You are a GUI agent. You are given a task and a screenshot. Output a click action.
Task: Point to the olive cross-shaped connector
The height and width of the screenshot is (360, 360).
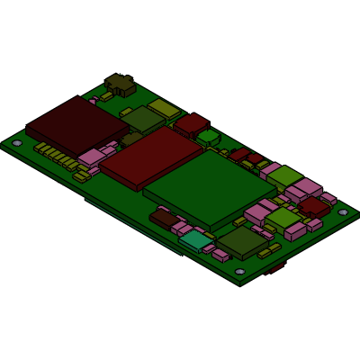tap(120, 85)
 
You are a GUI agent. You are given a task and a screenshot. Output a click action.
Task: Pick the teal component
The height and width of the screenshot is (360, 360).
tap(195, 239)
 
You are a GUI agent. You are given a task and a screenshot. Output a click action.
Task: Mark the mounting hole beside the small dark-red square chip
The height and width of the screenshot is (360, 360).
tap(343, 212)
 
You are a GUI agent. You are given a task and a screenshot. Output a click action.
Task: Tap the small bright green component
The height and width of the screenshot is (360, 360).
tap(209, 138)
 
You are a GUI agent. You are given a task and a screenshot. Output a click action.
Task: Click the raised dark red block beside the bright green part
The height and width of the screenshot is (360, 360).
tap(192, 123)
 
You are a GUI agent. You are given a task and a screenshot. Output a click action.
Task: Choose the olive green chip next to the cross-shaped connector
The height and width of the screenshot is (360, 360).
tap(142, 119)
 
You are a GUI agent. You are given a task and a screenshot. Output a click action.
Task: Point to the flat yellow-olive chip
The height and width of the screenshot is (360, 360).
tap(165, 109)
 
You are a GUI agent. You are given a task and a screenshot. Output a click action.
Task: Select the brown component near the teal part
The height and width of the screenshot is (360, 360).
tap(164, 218)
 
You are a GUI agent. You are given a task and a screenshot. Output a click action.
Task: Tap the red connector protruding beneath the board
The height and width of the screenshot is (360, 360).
tap(276, 267)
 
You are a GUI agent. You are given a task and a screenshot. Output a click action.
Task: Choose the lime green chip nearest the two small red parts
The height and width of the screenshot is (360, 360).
tap(284, 175)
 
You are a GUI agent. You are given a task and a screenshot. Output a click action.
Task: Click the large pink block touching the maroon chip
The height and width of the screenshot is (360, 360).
tap(93, 157)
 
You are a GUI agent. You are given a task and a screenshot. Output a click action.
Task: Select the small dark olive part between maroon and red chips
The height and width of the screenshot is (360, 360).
tap(131, 139)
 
